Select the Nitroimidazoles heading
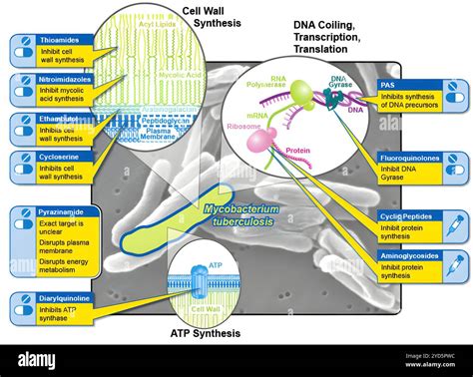pyautogui.click(x=65, y=78)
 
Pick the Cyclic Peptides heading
pyautogui.click(x=405, y=216)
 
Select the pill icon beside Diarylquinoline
pyautogui.click(x=22, y=304)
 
